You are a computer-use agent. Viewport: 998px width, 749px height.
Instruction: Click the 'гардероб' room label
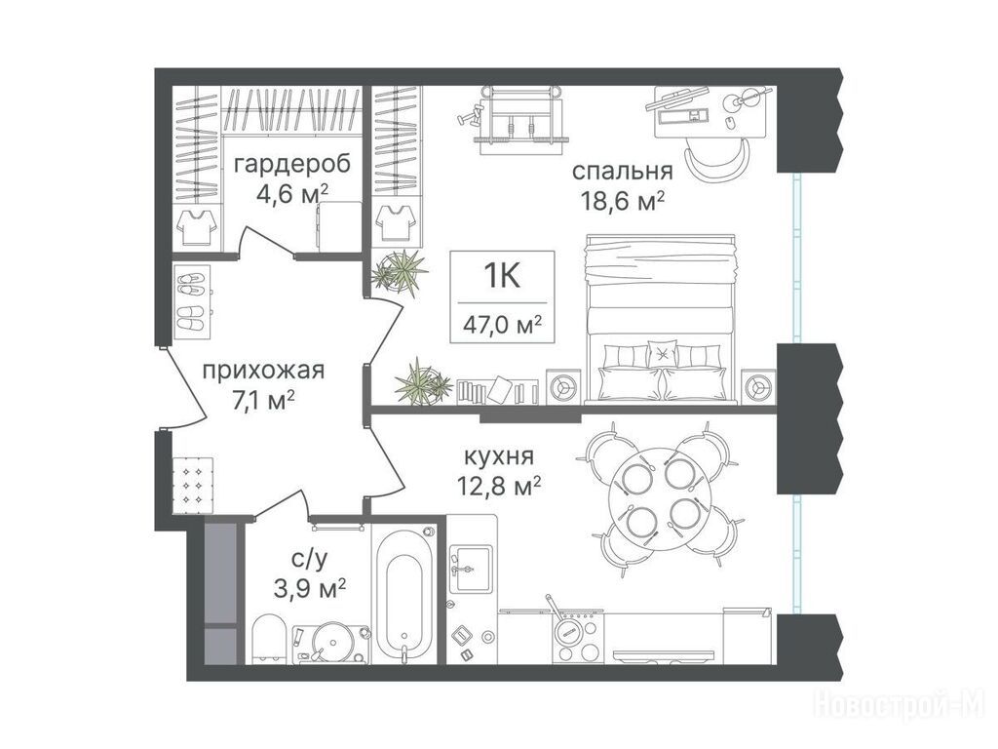(x=292, y=165)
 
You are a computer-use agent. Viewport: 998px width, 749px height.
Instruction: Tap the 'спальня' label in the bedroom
(x=622, y=172)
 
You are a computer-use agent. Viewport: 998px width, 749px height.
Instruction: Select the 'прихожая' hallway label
(x=263, y=370)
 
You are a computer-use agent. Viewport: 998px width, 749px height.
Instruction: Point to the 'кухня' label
(x=500, y=456)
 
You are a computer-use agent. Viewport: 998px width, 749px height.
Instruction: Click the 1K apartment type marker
(x=502, y=276)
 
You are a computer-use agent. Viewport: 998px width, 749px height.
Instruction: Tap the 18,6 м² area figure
(x=622, y=202)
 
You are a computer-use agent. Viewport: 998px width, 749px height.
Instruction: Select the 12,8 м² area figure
(x=499, y=488)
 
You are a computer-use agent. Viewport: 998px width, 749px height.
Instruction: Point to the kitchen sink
(x=471, y=569)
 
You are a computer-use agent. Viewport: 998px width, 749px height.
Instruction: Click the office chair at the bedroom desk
(x=717, y=159)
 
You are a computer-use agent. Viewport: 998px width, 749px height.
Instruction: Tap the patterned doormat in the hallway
(x=194, y=484)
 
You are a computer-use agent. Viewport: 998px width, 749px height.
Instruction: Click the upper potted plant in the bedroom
(x=400, y=270)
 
